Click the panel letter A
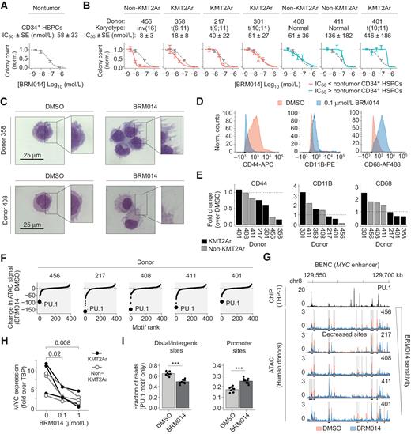[x=6, y=6]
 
